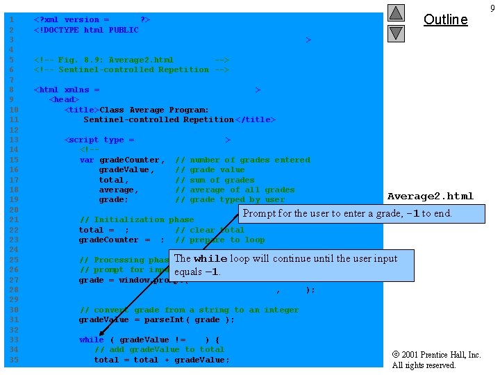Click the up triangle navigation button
pyautogui.click(x=396, y=13)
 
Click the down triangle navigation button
pyautogui.click(x=396, y=33)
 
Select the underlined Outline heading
pyautogui.click(x=445, y=19)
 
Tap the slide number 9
pyautogui.click(x=492, y=8)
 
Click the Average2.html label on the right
pyautogui.click(x=430, y=196)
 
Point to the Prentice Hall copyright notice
pyautogui.click(x=436, y=360)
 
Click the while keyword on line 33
pyautogui.click(x=92, y=340)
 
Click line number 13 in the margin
pyautogui.click(x=13, y=140)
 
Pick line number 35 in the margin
pyautogui.click(x=13, y=360)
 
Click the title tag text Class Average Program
pyautogui.click(x=154, y=110)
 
